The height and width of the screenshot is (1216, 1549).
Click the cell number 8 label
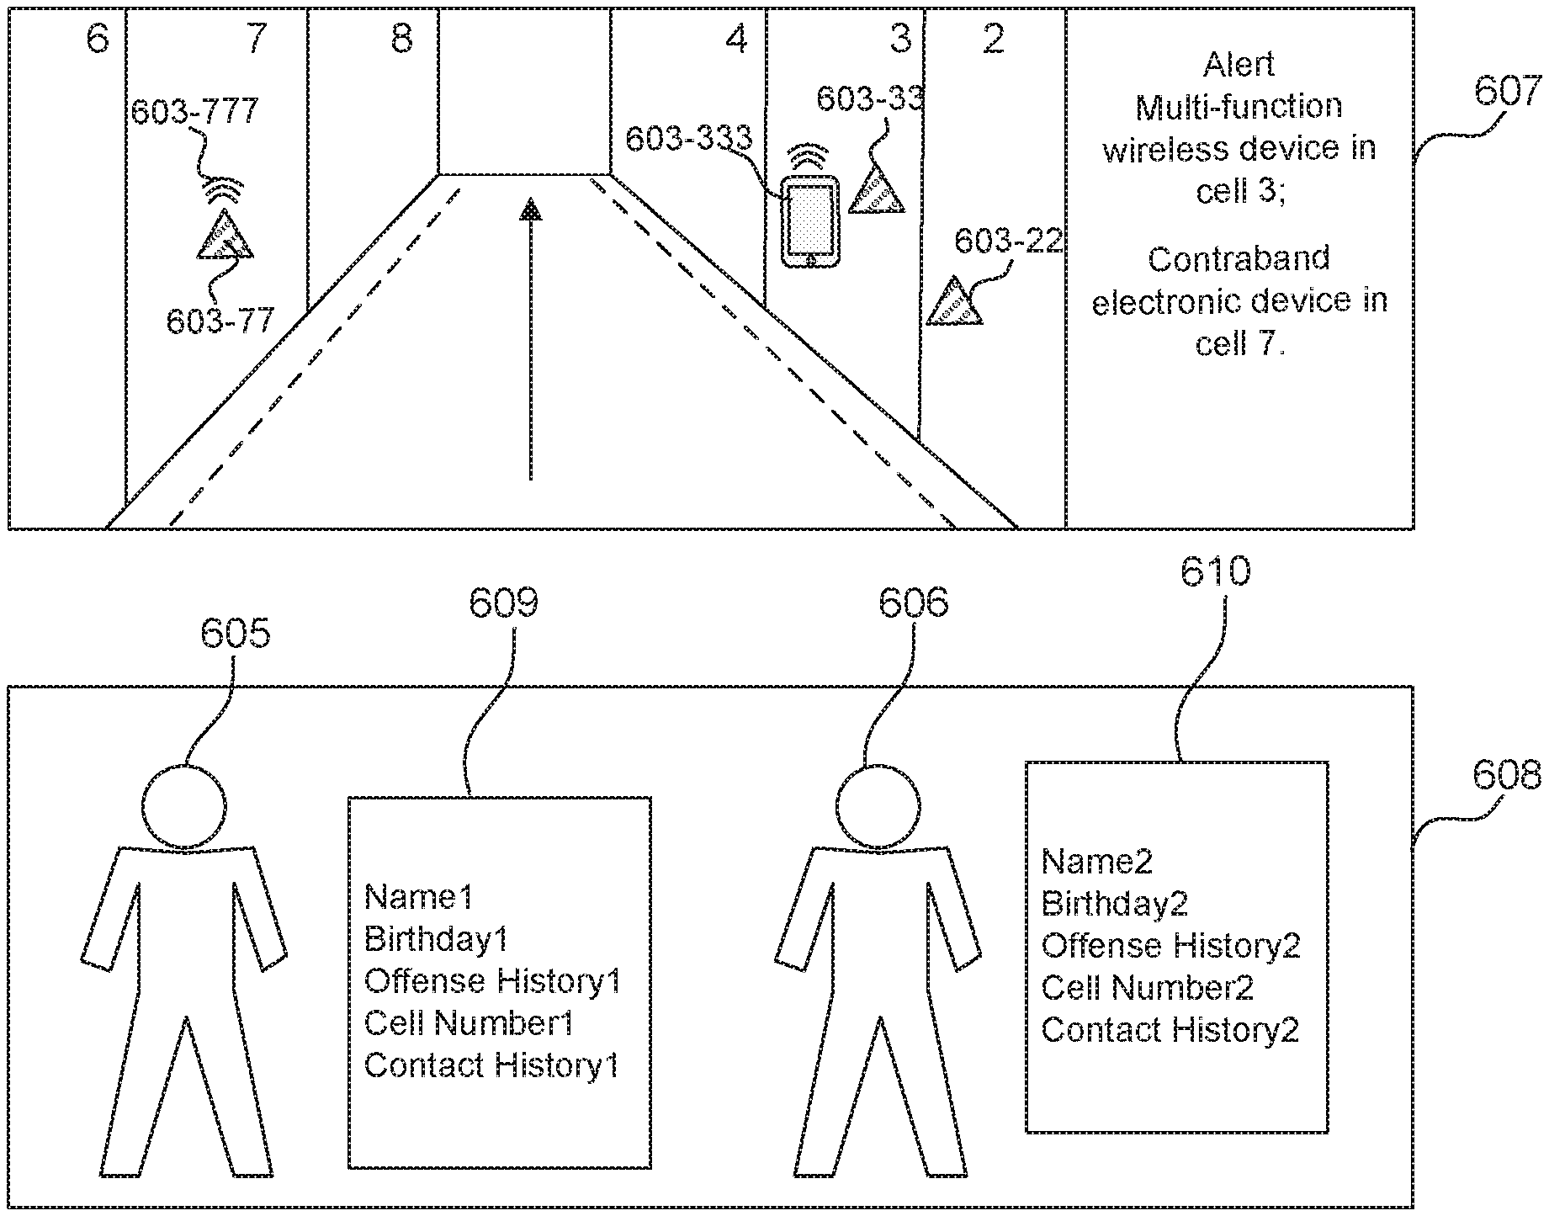pos(402,39)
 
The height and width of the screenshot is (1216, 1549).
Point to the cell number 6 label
pos(98,39)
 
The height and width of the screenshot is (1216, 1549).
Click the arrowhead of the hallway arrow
pos(530,209)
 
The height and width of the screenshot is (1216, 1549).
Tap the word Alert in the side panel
pos(1239,65)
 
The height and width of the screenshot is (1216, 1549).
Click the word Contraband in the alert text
pos(1239,258)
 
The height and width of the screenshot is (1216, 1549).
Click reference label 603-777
pos(195,112)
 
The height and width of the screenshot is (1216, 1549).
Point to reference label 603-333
pos(688,139)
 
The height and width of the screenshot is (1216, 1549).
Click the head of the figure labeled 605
pos(184,806)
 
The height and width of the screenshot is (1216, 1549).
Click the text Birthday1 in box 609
pos(436,939)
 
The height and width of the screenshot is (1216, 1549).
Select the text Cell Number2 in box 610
pos(1147,988)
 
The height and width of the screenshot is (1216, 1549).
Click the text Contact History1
pos(491,1065)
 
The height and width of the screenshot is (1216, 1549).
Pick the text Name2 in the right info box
pos(1096,862)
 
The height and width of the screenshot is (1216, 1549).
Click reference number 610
pos(1215,572)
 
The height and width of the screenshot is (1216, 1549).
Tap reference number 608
pos(1506,775)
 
